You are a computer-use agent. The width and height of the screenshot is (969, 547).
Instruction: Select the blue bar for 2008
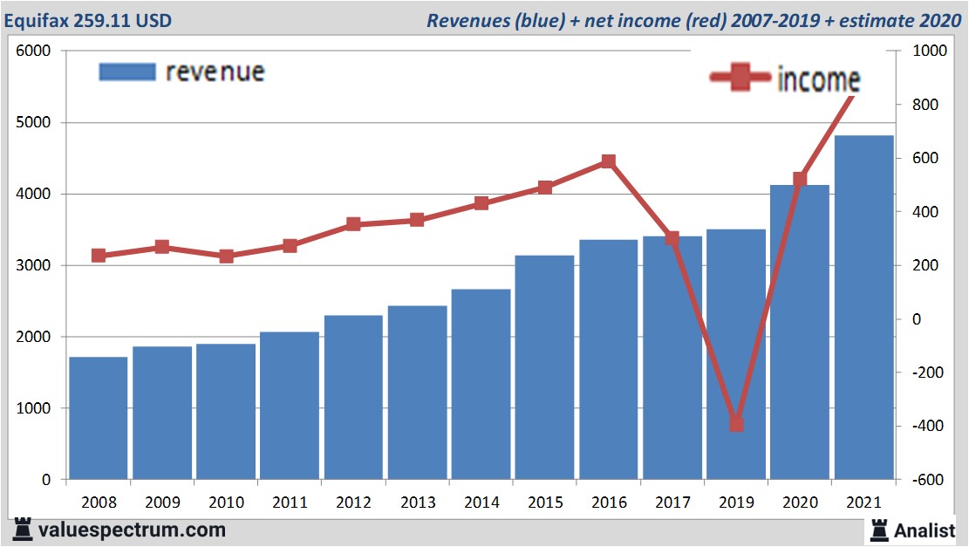pos(99,418)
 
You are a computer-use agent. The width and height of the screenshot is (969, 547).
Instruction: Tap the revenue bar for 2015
pos(544,367)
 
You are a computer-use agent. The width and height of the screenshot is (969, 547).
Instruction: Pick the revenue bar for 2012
pos(353,397)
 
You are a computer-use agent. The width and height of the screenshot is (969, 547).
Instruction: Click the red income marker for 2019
pos(735,424)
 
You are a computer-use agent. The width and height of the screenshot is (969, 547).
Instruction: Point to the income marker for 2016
pos(608,161)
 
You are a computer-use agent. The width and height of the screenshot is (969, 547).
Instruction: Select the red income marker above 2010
pos(226,256)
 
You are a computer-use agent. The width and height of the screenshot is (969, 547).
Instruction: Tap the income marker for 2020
pos(800,179)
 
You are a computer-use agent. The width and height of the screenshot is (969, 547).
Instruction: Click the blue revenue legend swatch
pos(127,72)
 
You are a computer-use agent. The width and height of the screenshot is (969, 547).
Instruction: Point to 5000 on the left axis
pos(35,123)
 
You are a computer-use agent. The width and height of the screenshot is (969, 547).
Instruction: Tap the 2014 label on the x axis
pos(481,503)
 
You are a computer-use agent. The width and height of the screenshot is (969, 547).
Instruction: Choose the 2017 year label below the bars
pos(672,503)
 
